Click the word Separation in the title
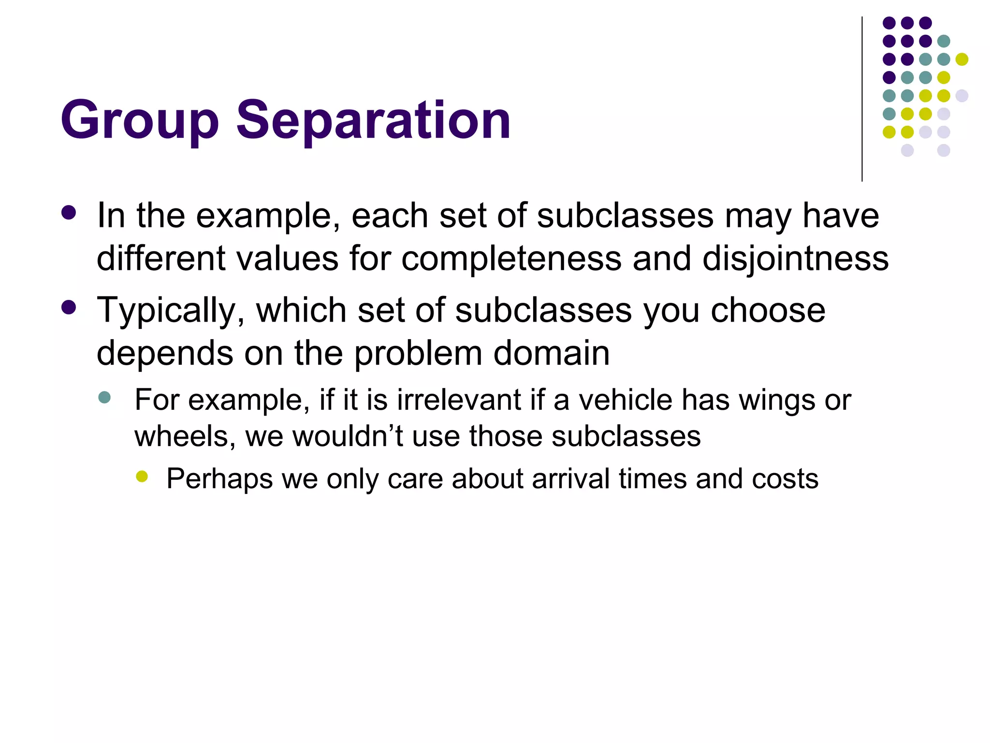373,120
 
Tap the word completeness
511,259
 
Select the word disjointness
795,259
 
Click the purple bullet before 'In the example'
69,213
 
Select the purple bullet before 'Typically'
69,308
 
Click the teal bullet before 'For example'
104,398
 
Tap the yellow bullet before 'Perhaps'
142,476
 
